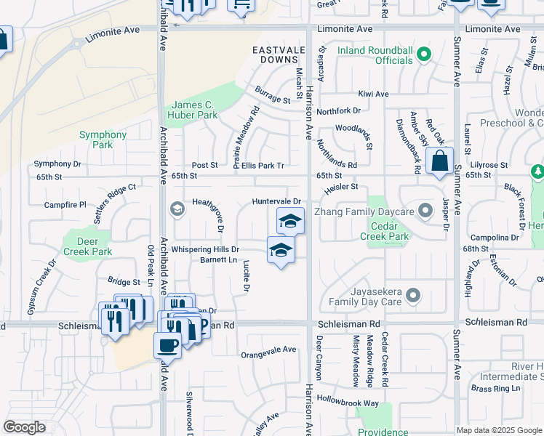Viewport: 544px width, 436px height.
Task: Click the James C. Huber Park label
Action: (x=192, y=110)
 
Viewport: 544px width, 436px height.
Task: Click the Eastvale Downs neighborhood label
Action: (x=277, y=55)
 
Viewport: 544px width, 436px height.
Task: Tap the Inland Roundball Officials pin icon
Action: (x=425, y=53)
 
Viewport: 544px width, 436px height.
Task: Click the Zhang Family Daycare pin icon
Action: (x=424, y=211)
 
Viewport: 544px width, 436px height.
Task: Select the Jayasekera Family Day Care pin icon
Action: (x=414, y=295)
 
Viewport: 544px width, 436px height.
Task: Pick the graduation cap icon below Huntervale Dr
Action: (x=290, y=220)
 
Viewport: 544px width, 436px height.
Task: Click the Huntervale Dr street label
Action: (x=276, y=201)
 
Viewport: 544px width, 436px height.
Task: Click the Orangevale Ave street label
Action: (x=269, y=350)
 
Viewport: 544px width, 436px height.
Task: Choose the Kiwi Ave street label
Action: (x=374, y=94)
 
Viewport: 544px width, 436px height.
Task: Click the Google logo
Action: (x=24, y=427)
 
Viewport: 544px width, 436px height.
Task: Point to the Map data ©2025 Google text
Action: (x=497, y=430)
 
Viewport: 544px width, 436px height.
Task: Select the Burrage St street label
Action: (x=273, y=94)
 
